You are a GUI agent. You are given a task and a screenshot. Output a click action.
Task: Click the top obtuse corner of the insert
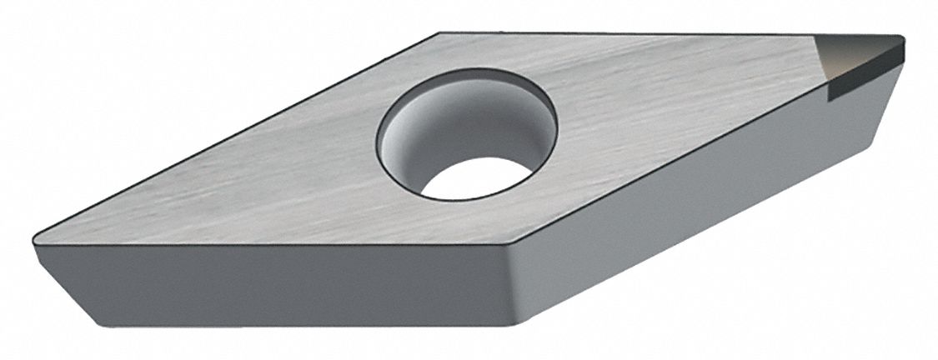click(x=439, y=34)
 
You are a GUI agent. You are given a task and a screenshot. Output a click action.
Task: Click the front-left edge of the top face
click(x=267, y=245)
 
